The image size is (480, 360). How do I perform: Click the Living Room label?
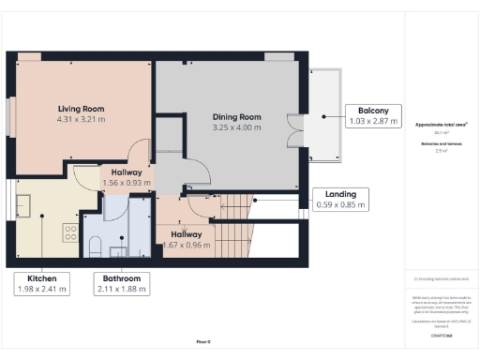pyautogui.click(x=81, y=109)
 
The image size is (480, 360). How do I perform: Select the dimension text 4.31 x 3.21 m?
pyautogui.click(x=81, y=120)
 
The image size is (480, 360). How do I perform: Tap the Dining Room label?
pyautogui.click(x=235, y=116)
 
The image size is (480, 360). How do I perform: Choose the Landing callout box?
pyautogui.click(x=340, y=198)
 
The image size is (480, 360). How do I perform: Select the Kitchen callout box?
pyautogui.click(x=42, y=283)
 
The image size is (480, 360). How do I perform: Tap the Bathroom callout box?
pyautogui.click(x=122, y=283)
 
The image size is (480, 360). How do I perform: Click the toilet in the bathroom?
pyautogui.click(x=94, y=246)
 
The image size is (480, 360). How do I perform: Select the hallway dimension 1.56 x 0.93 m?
pyautogui.click(x=127, y=184)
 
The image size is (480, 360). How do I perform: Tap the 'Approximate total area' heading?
pyautogui.click(x=442, y=124)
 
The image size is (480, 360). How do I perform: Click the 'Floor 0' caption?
pyautogui.click(x=202, y=341)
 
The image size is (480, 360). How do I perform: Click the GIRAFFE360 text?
pyautogui.click(x=441, y=335)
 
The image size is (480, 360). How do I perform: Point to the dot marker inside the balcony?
pyautogui.click(x=324, y=117)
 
